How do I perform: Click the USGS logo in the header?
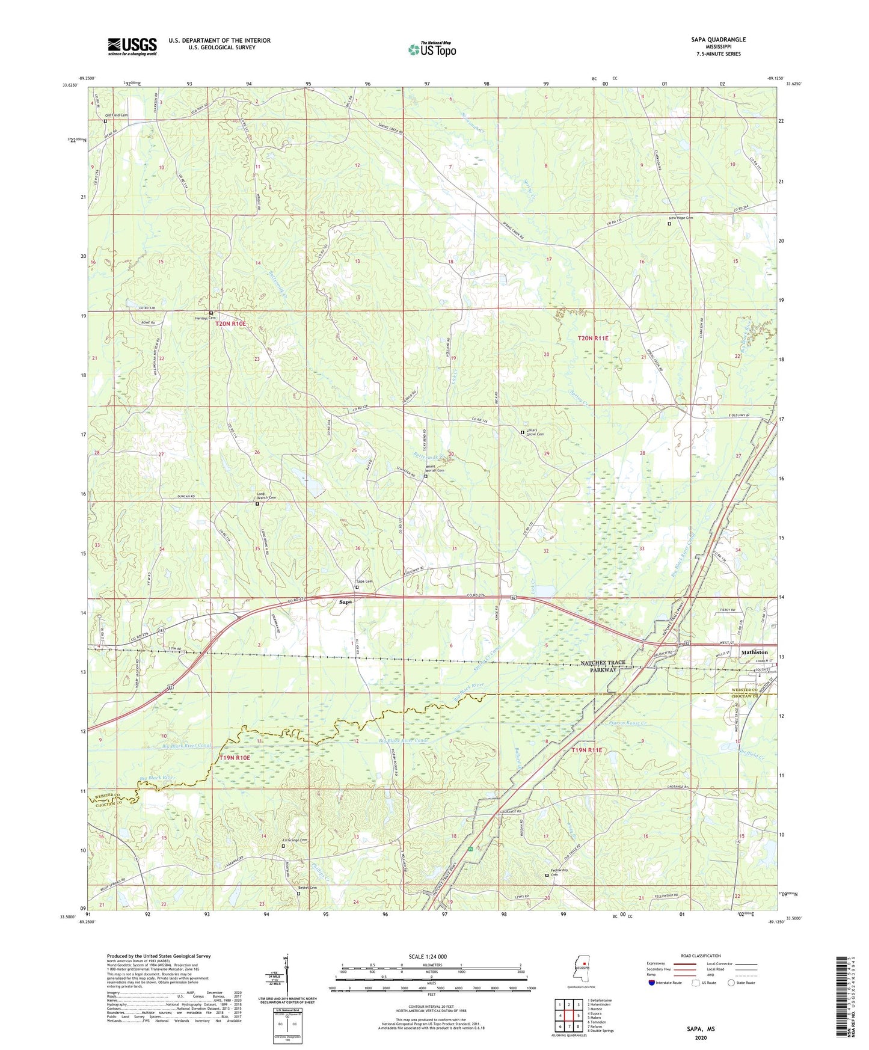(x=132, y=46)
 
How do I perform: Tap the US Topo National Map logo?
(x=432, y=49)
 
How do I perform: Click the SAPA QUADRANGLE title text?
(x=718, y=40)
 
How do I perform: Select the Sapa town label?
(x=345, y=601)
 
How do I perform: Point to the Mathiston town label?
(x=754, y=652)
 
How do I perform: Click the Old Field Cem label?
(x=117, y=115)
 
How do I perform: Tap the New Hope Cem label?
(x=681, y=218)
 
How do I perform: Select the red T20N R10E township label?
(x=231, y=324)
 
